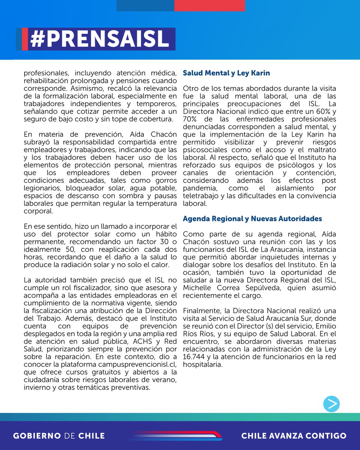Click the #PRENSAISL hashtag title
[99, 39]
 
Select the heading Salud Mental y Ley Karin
[226, 73]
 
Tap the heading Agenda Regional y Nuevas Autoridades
[252, 218]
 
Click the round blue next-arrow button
[331, 404]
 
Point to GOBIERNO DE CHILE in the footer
[59, 436]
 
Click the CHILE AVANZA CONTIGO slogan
[294, 436]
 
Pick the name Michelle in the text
[196, 287]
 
